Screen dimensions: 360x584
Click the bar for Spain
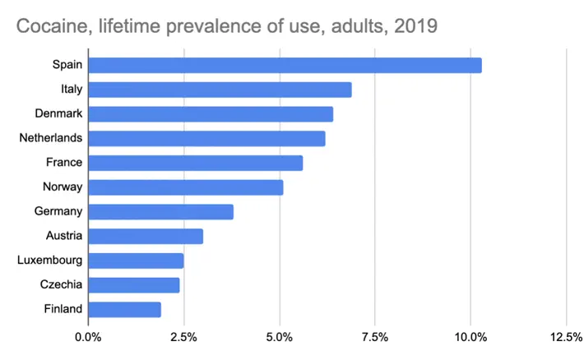click(285, 65)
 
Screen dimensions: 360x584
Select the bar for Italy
click(220, 90)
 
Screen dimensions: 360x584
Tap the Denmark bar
click(211, 114)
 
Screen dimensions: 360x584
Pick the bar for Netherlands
click(206, 138)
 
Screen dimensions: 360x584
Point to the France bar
click(195, 163)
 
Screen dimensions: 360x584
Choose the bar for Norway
click(185, 187)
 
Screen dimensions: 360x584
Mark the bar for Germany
click(160, 212)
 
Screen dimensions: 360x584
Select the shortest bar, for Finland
click(124, 310)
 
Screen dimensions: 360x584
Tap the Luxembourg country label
click(49, 261)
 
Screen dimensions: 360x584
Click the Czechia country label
click(60, 285)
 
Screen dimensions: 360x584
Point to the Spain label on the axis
click(67, 65)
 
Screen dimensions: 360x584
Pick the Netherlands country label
click(50, 138)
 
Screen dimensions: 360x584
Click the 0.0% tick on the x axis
click(88, 337)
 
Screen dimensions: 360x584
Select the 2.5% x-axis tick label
click(183, 337)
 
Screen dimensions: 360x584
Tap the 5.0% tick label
click(280, 337)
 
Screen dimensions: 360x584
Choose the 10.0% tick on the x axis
click(470, 337)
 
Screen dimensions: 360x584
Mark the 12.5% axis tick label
click(566, 337)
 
